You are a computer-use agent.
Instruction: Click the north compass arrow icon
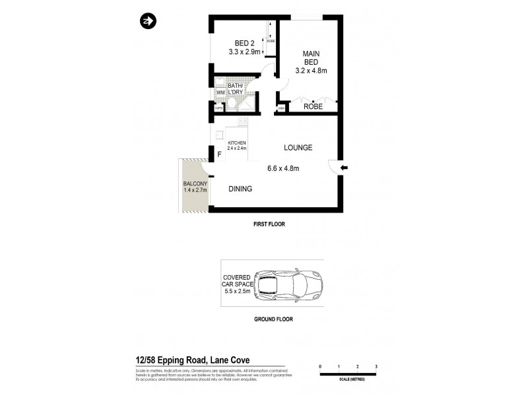pyautogui.click(x=147, y=21)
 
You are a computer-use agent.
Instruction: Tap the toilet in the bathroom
pyautogui.click(x=219, y=82)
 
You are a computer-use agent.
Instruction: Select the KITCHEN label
pyautogui.click(x=237, y=143)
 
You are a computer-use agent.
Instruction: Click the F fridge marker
pyautogui.click(x=219, y=156)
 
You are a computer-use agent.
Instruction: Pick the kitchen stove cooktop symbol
pyautogui.click(x=242, y=121)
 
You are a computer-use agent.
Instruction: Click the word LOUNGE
pyautogui.click(x=298, y=148)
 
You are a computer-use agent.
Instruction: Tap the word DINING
pyautogui.click(x=240, y=189)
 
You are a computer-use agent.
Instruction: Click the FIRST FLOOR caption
pyautogui.click(x=273, y=224)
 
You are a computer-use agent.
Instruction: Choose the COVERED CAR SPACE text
pyautogui.click(x=238, y=284)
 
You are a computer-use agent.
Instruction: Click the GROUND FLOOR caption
pyautogui.click(x=273, y=319)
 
